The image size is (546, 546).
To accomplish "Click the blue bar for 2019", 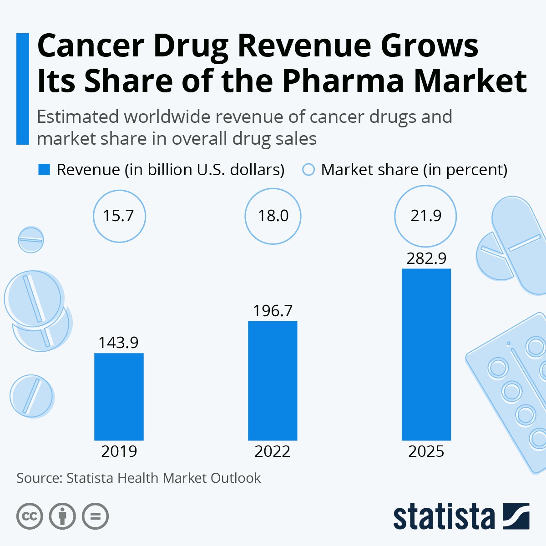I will (x=119, y=396).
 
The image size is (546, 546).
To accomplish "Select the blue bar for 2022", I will (x=273, y=380).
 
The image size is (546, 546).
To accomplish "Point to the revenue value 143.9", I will (x=119, y=342).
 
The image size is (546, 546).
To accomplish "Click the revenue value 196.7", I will (x=273, y=311).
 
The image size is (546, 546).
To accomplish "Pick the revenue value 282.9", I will (x=426, y=258).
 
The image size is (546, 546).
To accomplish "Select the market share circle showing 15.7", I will (x=119, y=216).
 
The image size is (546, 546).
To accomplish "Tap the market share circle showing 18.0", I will (x=273, y=216).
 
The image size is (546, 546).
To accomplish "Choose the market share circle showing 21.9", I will (x=426, y=216).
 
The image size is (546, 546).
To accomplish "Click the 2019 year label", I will (x=119, y=451).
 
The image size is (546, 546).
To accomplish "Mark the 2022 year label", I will (x=273, y=451).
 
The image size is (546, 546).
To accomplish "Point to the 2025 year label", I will (x=426, y=451).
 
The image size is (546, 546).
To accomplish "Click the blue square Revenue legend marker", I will (x=44, y=170).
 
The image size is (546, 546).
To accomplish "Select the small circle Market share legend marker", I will (x=308, y=170).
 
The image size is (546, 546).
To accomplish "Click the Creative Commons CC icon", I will (x=30, y=516).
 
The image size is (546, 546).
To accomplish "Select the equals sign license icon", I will (x=96, y=516).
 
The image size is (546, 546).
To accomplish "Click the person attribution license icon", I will (x=62, y=516).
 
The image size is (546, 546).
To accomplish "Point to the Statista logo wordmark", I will (x=444, y=516).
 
